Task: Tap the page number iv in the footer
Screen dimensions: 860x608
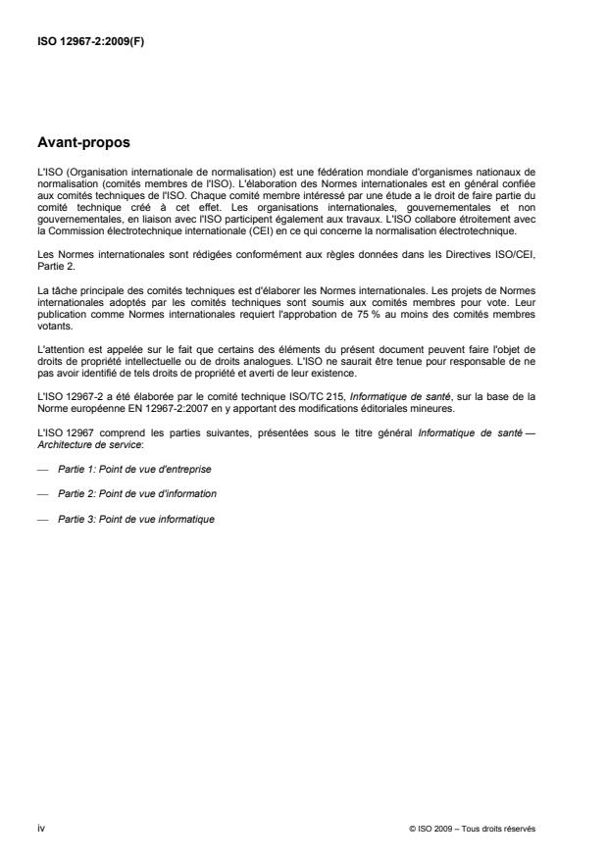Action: click(40, 828)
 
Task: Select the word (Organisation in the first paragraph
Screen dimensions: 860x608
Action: click(102, 174)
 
